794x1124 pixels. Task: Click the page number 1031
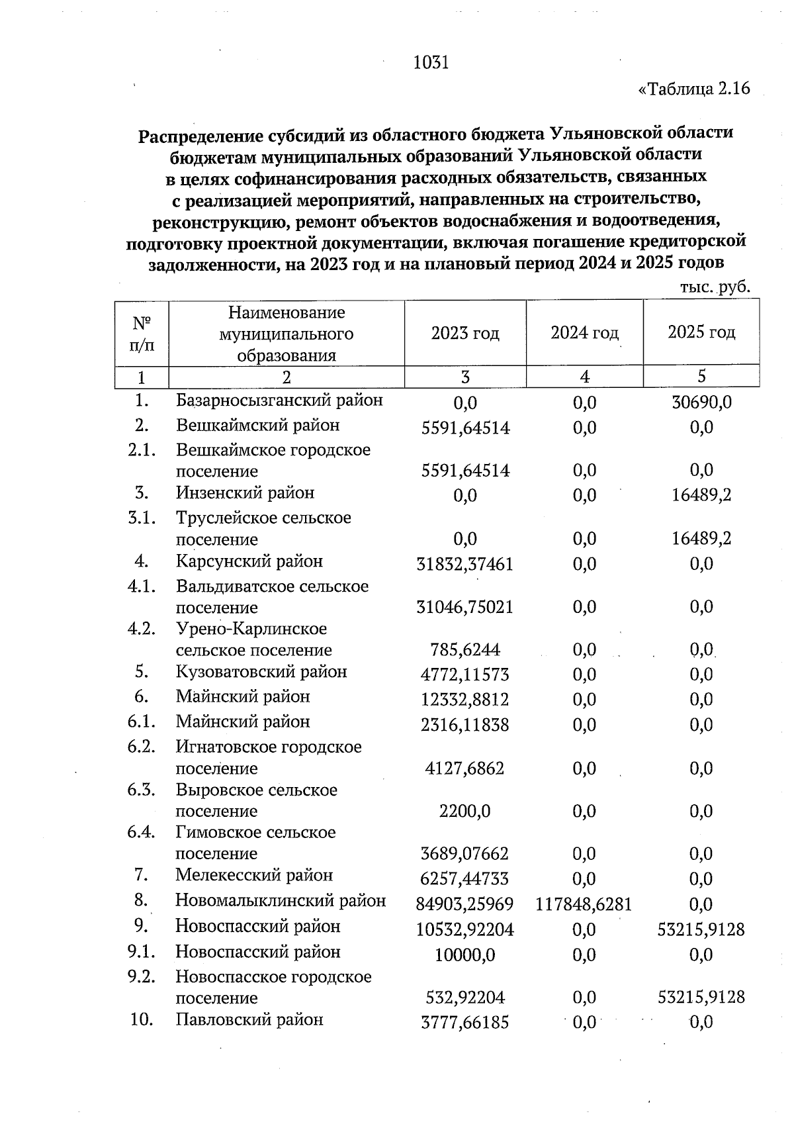pos(431,63)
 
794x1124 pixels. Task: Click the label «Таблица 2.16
pos(693,89)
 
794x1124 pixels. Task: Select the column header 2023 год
pos(465,332)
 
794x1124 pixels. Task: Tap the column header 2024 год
pos(584,332)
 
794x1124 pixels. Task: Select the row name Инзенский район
pos(245,493)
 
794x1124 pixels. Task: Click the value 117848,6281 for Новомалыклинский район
pos(584,904)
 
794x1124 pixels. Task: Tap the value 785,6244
pos(465,650)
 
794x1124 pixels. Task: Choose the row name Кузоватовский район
pos(261,672)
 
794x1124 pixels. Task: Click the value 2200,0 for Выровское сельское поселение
pos(465,812)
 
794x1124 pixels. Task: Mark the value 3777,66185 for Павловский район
pos(465,1023)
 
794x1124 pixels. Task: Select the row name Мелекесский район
pos(254,875)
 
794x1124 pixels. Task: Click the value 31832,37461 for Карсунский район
pos(465,564)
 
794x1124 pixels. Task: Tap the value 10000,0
pos(465,955)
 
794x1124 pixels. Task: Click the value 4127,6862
pos(465,769)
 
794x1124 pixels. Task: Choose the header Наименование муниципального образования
pos(287,334)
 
